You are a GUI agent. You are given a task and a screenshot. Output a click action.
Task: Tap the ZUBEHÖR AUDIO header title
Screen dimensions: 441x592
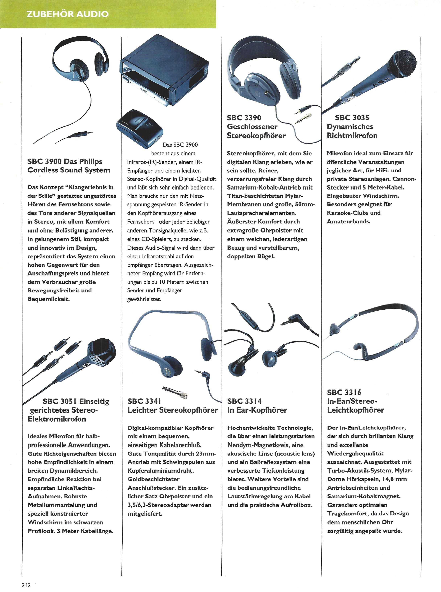67,14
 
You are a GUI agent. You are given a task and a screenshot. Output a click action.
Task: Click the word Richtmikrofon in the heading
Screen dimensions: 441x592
352,135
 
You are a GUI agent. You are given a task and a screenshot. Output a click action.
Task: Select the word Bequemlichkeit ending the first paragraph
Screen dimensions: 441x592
49,299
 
